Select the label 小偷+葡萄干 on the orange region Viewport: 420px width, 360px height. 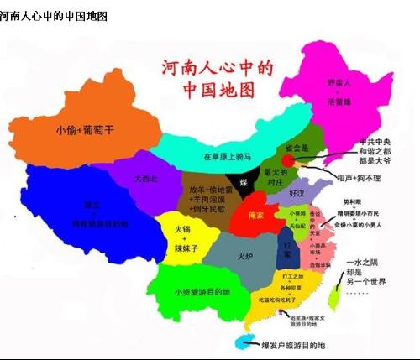(x=83, y=130)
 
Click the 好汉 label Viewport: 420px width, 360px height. (x=297, y=193)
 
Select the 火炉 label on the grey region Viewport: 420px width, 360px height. (x=244, y=256)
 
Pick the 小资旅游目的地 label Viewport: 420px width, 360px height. (x=202, y=292)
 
